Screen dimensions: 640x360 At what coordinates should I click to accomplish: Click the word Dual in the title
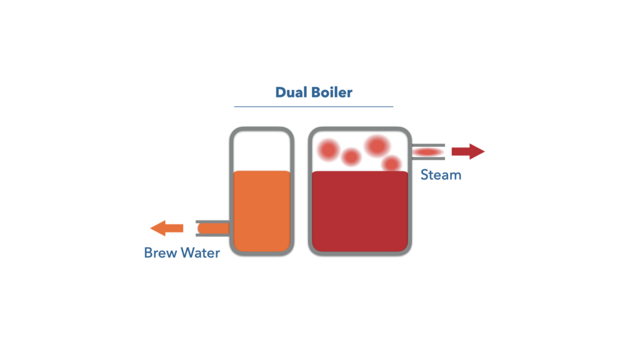[291, 92]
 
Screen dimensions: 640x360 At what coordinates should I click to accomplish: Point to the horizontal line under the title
[314, 106]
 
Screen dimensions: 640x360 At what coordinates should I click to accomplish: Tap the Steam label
[441, 175]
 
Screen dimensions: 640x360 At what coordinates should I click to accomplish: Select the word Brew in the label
[161, 252]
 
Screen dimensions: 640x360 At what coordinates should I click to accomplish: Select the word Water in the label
[201, 252]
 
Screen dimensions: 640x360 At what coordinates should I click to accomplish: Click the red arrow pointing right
[468, 151]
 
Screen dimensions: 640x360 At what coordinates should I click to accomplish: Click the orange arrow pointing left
[166, 228]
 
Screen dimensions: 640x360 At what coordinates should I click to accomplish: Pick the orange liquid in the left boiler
[262, 211]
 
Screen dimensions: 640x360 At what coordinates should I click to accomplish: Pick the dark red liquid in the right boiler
[360, 211]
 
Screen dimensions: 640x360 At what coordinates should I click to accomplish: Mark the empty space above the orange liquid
[262, 151]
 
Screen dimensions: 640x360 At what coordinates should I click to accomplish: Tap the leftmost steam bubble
[329, 149]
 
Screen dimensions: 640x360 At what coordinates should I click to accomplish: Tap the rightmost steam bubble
[392, 164]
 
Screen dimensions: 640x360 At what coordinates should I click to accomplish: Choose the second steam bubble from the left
[351, 157]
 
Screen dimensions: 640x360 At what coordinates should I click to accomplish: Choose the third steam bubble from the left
[377, 146]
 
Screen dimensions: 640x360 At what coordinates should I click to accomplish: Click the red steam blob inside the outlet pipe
[427, 152]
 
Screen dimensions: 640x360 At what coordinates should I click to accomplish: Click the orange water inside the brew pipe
[214, 229]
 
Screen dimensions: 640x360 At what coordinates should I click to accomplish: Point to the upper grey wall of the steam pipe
[428, 145]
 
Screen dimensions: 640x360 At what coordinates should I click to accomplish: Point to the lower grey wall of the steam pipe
[428, 158]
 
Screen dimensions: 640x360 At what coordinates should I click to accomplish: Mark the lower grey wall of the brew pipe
[212, 235]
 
